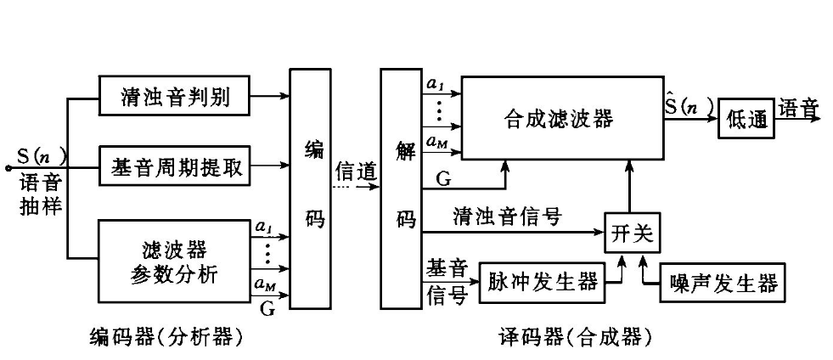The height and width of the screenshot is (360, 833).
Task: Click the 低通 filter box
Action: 746,120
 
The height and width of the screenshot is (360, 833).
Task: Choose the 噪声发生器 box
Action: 722,282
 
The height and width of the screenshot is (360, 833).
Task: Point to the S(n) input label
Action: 41,157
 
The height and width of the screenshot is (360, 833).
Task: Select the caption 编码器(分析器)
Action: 167,338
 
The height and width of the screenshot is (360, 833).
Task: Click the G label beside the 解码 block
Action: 442,178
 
